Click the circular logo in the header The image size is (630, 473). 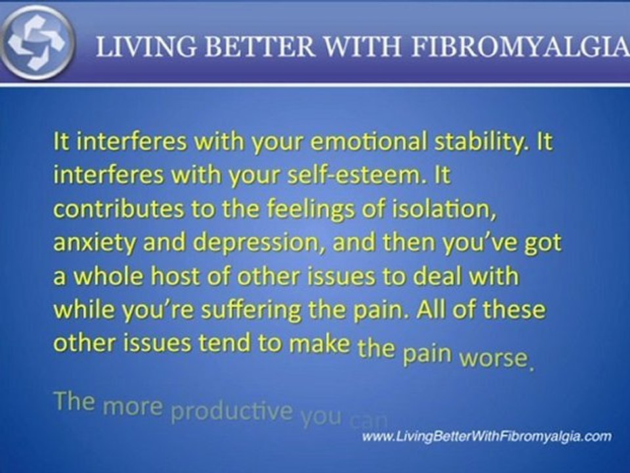[x=38, y=41]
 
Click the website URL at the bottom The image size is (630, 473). [x=486, y=436]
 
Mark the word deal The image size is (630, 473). [x=444, y=276]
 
